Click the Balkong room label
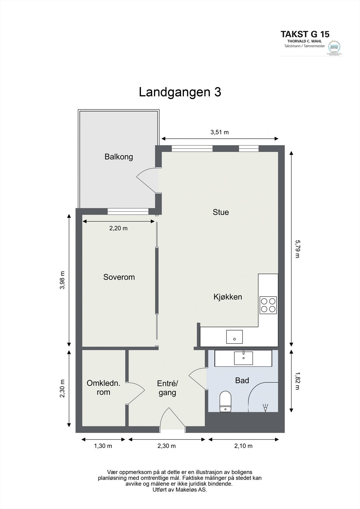click(x=119, y=157)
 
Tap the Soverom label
click(x=119, y=277)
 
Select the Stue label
click(x=221, y=212)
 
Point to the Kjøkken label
click(x=228, y=297)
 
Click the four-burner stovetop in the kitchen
click(x=268, y=305)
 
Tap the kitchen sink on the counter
click(x=234, y=337)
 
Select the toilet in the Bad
click(x=225, y=401)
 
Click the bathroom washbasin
click(x=244, y=358)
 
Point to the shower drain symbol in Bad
click(x=265, y=408)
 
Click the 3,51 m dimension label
click(x=220, y=132)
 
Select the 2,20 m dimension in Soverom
click(x=118, y=228)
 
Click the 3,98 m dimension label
click(x=62, y=280)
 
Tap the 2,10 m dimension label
click(x=244, y=446)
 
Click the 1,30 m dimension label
click(x=103, y=446)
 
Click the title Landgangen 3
click(x=180, y=92)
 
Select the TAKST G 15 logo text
click(x=305, y=34)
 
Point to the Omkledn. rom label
click(x=103, y=387)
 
